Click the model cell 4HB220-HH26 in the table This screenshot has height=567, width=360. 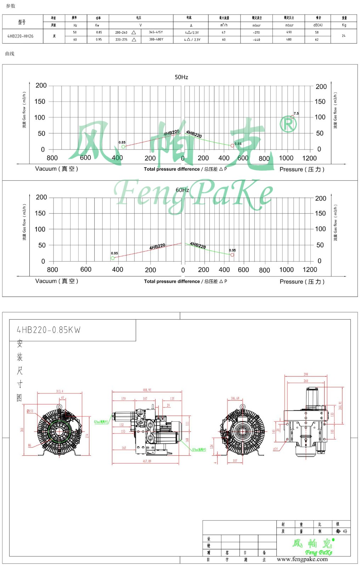[21, 36]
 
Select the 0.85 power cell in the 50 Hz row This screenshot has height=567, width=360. [99, 32]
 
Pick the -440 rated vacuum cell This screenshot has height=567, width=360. [256, 40]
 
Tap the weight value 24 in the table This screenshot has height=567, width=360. [343, 36]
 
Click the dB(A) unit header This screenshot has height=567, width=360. [318, 25]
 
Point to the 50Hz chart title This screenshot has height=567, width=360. [181, 77]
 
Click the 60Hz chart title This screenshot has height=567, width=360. [182, 190]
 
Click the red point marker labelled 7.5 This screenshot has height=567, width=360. [292, 117]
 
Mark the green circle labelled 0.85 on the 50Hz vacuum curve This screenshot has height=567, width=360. [123, 146]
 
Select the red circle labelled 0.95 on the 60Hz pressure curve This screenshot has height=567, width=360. [232, 255]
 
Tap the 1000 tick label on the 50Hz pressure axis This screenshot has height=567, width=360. [286, 158]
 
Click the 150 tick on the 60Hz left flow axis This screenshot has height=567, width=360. [40, 213]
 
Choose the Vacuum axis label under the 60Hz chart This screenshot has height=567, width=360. [56, 281]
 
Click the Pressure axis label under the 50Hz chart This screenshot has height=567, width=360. [302, 169]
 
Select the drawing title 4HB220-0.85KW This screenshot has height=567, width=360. [49, 330]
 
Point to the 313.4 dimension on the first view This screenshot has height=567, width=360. [60, 391]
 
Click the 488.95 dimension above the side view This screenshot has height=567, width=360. [147, 390]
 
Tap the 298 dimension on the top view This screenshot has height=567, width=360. [306, 374]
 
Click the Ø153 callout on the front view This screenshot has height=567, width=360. [30, 411]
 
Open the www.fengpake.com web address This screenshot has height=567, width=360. [302, 559]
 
